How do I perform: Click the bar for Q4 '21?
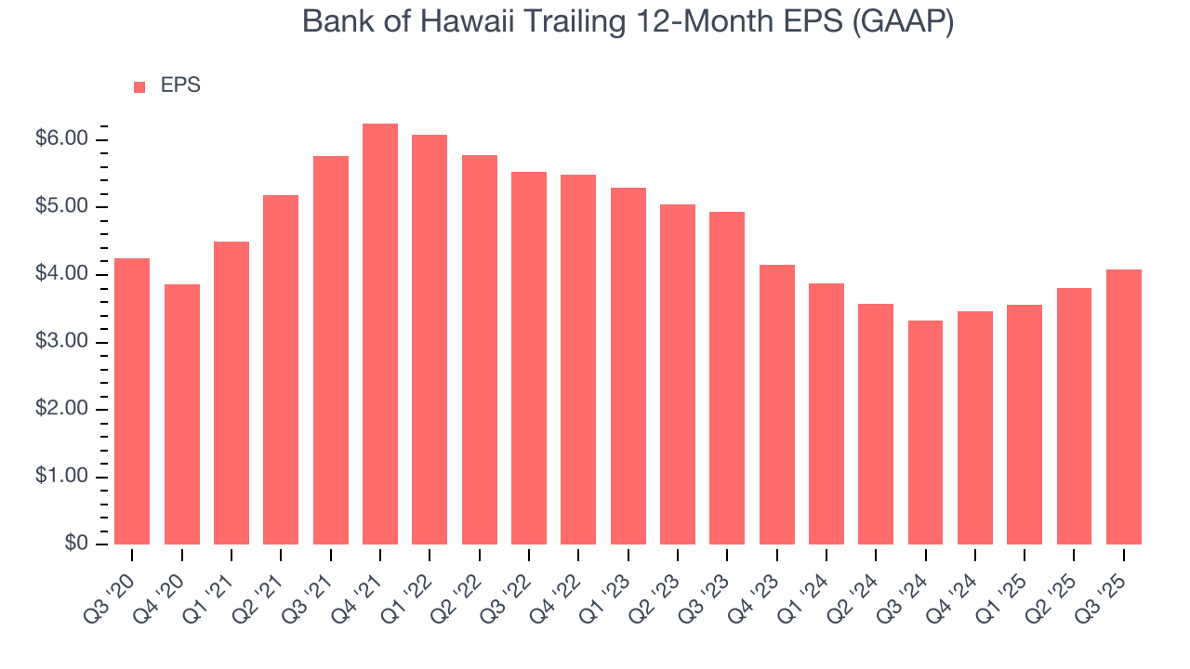tap(380, 334)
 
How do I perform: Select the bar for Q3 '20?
tap(132, 401)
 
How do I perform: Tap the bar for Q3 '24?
tap(925, 432)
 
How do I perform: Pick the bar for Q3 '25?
tap(1123, 407)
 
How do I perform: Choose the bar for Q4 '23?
tap(776, 404)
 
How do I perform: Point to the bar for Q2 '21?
tap(281, 370)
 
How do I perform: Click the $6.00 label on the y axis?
tap(62, 139)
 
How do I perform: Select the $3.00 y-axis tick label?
tap(62, 342)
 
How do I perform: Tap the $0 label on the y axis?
tap(76, 544)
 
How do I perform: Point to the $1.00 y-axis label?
tap(62, 477)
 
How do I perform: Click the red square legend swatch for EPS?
tap(139, 86)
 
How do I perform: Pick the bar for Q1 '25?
tap(1024, 425)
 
